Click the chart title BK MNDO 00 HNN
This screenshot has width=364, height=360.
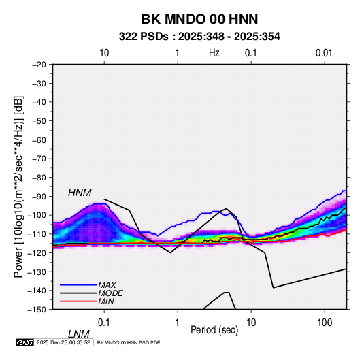point(199,19)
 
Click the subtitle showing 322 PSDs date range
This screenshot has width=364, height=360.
point(199,37)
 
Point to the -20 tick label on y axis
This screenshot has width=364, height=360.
point(39,65)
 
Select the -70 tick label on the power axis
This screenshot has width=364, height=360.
point(39,159)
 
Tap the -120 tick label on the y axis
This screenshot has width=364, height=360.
point(37,252)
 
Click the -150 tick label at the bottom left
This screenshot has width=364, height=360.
point(37,310)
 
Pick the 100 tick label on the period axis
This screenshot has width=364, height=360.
point(325,323)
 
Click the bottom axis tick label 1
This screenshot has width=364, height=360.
point(178,323)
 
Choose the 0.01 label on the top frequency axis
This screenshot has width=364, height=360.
point(324,53)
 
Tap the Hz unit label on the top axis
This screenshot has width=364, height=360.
point(214,53)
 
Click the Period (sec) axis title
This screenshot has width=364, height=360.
point(214,330)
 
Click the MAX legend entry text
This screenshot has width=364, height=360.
point(107,285)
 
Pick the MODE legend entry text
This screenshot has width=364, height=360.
point(110,293)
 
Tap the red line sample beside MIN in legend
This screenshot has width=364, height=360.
point(78,301)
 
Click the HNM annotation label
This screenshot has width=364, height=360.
point(80,193)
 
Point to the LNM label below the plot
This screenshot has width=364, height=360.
point(79,334)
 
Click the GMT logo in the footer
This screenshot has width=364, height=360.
point(24,342)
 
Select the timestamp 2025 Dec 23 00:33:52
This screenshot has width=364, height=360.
point(63,342)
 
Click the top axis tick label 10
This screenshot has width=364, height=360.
point(104,53)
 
